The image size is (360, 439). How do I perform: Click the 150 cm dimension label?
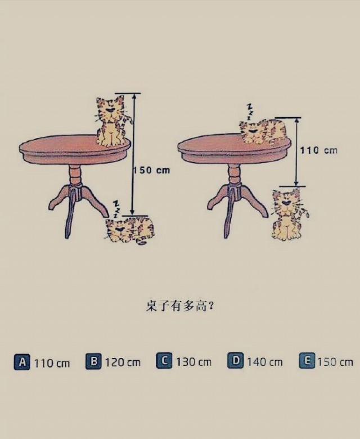pos(151,170)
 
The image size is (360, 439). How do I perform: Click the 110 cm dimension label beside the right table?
pos(319,150)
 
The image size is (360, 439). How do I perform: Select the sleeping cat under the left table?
pos(130,230)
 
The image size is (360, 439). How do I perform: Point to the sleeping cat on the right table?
pos(263,132)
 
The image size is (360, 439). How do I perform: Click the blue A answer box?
pos(22,362)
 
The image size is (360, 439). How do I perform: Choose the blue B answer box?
pos(93,361)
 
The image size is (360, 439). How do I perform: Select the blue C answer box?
pos(164,361)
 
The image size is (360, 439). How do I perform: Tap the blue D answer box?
pos(236,360)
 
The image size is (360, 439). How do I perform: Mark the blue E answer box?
pos(307,361)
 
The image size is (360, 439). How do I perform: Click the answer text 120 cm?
pos(123,362)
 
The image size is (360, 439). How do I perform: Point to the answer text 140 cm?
pos(264,362)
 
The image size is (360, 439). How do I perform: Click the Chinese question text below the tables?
pos(180,306)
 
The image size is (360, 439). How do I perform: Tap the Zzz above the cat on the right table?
pos(250,112)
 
